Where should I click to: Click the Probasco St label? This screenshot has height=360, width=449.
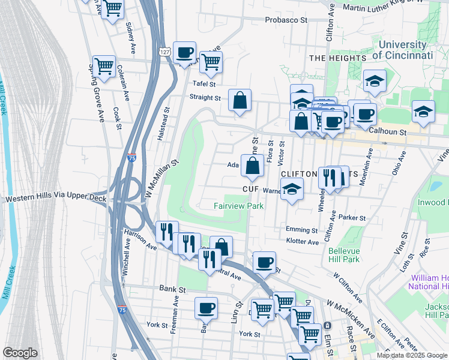click(x=287, y=20)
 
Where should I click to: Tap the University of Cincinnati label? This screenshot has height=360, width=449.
click(x=402, y=50)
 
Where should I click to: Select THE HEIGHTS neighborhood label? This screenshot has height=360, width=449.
click(x=337, y=58)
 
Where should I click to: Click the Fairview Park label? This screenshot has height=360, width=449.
click(x=239, y=206)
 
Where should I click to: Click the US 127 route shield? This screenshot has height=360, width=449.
click(x=164, y=53)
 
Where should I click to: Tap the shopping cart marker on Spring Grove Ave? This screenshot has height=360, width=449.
click(x=104, y=67)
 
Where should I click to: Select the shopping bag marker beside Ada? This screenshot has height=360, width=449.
click(x=252, y=166)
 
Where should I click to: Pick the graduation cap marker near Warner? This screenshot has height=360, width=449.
click(x=292, y=189)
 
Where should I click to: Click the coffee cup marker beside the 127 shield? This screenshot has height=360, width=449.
click(x=185, y=52)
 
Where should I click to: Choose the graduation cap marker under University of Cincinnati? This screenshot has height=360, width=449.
click(x=375, y=80)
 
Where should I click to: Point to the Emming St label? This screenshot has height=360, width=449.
click(x=301, y=230)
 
